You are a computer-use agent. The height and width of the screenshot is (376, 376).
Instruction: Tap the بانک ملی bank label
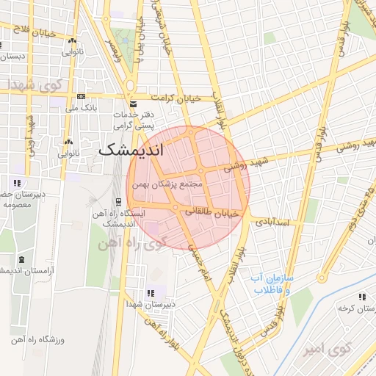coord(82,108)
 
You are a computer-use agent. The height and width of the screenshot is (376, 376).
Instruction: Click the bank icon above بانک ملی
coord(81,96)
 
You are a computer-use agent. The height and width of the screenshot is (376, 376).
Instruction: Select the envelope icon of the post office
coord(132,104)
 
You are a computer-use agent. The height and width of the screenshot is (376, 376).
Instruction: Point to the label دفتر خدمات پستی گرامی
coord(133,120)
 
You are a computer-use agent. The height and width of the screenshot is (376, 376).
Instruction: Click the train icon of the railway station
coord(118,202)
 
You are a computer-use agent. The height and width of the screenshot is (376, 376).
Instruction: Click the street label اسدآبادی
coord(277,220)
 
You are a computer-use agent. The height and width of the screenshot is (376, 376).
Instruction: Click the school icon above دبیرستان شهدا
coord(151,293)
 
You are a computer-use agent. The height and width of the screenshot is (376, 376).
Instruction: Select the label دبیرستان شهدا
coord(151,303)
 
